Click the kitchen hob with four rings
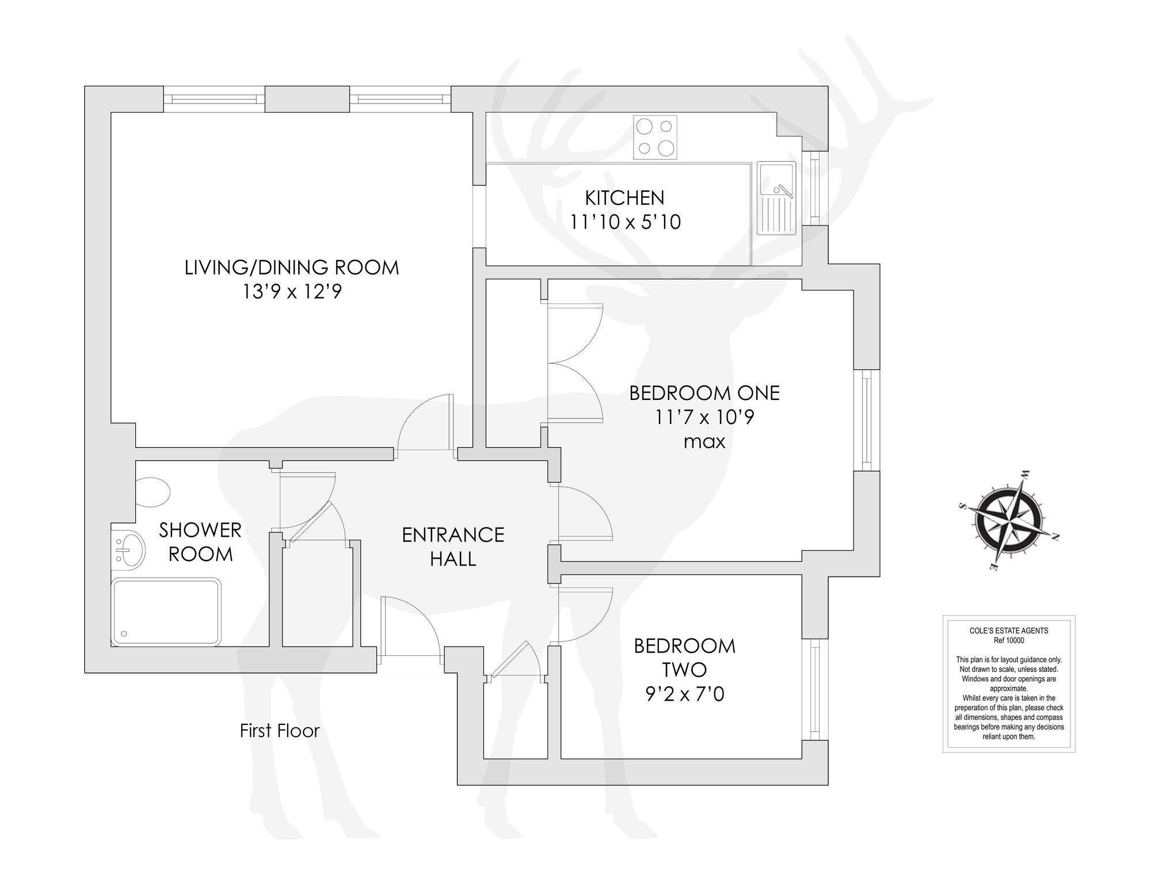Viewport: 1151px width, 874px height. click(655, 137)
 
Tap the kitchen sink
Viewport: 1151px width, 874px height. click(776, 198)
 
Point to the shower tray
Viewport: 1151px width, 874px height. click(166, 612)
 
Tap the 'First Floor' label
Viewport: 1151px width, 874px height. click(280, 731)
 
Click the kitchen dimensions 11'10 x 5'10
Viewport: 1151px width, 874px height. click(625, 222)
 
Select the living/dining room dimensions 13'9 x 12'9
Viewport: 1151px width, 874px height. click(292, 292)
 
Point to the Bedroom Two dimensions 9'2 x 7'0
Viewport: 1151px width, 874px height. click(684, 694)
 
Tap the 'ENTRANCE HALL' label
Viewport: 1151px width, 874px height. click(453, 547)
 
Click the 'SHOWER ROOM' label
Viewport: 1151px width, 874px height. click(200, 542)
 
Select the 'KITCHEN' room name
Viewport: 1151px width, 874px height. click(625, 198)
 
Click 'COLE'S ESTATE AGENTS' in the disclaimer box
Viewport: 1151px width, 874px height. click(1009, 631)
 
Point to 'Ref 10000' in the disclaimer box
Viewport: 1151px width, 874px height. click(1009, 640)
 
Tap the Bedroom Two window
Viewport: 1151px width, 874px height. click(815, 689)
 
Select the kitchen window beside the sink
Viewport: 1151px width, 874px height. click(815, 188)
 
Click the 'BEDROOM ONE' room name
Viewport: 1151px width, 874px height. click(704, 394)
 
